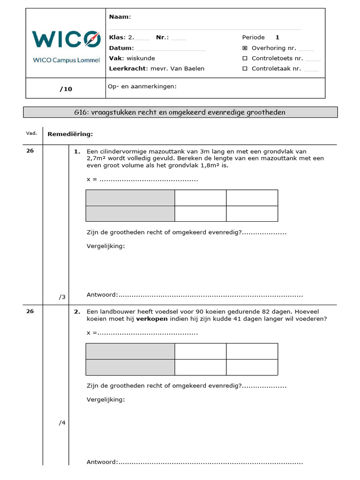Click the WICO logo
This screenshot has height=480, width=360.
[66, 39]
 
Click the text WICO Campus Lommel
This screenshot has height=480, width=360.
[66, 60]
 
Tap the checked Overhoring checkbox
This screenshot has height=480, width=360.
[245, 48]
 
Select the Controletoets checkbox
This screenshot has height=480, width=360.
[245, 59]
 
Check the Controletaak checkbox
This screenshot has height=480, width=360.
[245, 68]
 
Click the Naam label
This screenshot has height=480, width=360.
[119, 17]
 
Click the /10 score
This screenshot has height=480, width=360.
[66, 89]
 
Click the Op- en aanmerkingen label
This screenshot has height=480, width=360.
[142, 86]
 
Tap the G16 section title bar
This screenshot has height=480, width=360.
[180, 112]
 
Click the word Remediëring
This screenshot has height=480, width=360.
[70, 134]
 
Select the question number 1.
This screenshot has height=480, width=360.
[77, 152]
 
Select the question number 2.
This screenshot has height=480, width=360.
[77, 311]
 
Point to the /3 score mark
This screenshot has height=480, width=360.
[62, 297]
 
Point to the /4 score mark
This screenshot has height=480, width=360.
[62, 423]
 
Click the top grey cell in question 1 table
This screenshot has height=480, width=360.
[130, 198]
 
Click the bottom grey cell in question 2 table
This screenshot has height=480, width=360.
[130, 367]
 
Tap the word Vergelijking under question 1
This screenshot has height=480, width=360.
[106, 246]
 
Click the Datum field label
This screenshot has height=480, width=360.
[121, 48]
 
